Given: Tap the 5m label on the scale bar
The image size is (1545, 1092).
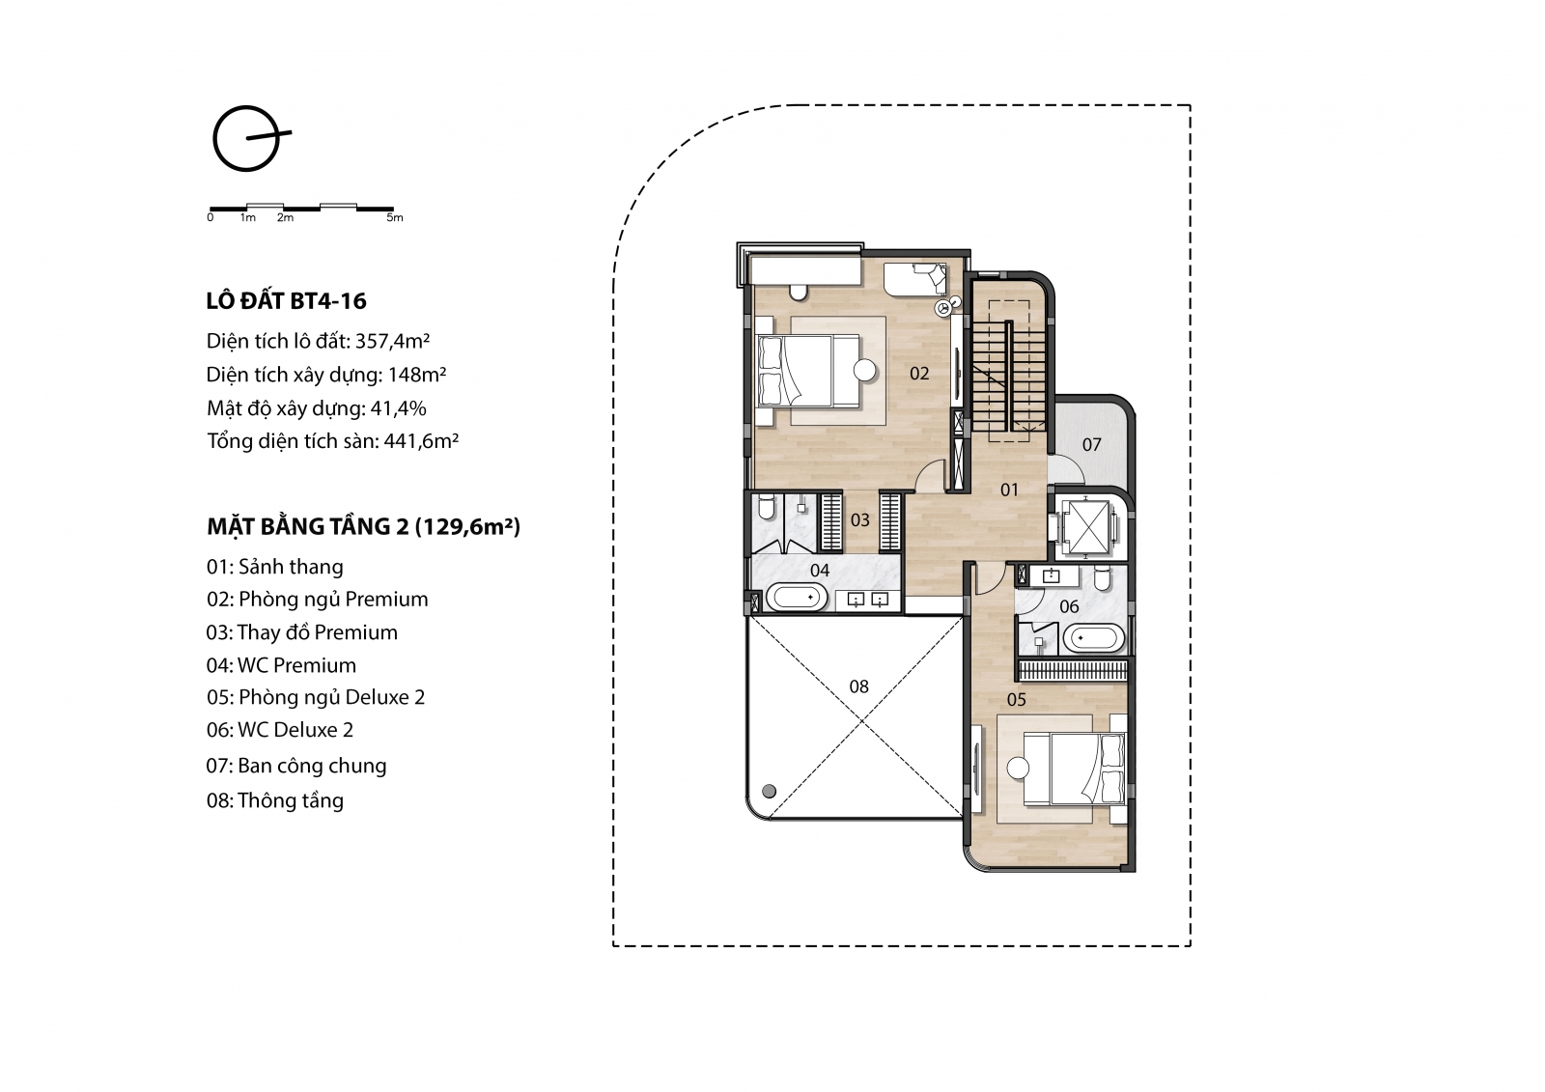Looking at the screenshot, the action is pos(395,218).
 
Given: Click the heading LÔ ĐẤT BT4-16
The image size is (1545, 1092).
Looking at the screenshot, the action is pos(286,301).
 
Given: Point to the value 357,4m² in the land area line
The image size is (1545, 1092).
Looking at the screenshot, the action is pos(392,341).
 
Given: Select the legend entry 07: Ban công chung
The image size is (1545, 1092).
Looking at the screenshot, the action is pos(295,766).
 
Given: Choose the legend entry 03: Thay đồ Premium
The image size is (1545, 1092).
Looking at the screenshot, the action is pos(302,632).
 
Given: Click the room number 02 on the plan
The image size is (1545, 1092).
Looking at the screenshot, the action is pos(919,374).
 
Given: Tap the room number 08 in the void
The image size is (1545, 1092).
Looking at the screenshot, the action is pos(858,686).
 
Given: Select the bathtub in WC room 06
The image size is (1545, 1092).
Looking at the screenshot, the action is pos(1093,638).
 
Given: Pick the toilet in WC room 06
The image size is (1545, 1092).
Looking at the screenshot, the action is pos(1102,578).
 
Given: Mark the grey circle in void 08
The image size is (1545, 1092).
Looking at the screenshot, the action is pos(769,791).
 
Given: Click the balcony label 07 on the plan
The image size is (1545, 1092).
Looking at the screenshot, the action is pos(1091,445).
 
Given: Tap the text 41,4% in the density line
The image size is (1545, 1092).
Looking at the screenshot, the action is pos(398,408).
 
